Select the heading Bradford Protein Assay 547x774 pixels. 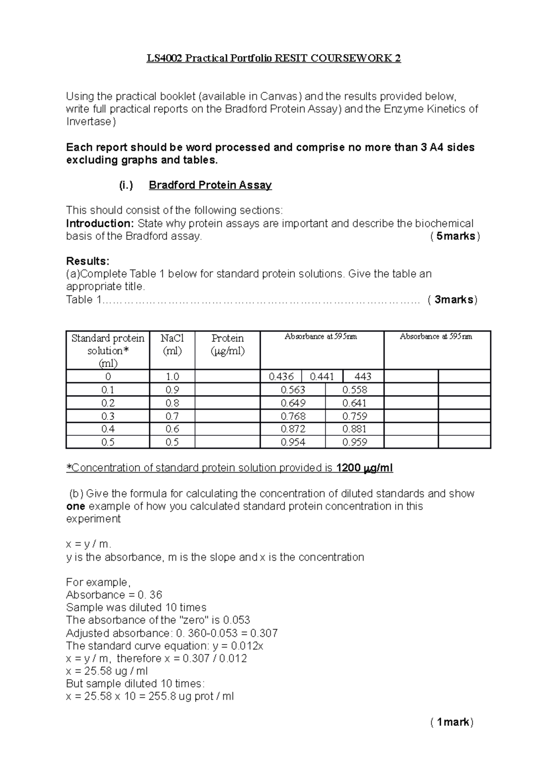(210, 185)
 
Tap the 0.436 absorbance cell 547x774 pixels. (281, 377)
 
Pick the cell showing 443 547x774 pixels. (363, 377)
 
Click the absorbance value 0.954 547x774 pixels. (293, 442)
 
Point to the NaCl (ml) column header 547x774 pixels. (172, 345)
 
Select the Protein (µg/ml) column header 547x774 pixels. (227, 345)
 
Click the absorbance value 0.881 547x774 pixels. (355, 429)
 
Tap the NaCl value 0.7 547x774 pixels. (172, 416)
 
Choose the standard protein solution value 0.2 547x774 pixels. (108, 403)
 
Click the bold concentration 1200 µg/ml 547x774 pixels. (364, 468)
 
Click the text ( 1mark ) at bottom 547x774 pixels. (452, 722)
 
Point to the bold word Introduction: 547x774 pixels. (100, 223)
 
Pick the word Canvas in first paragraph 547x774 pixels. (279, 96)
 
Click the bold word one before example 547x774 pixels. (76, 506)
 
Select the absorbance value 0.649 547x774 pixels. (293, 403)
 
